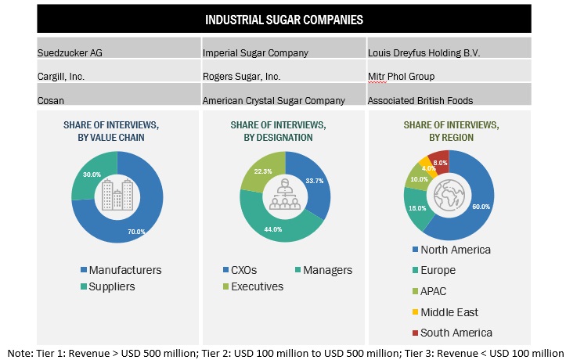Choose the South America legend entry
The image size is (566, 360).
(x=456, y=333)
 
